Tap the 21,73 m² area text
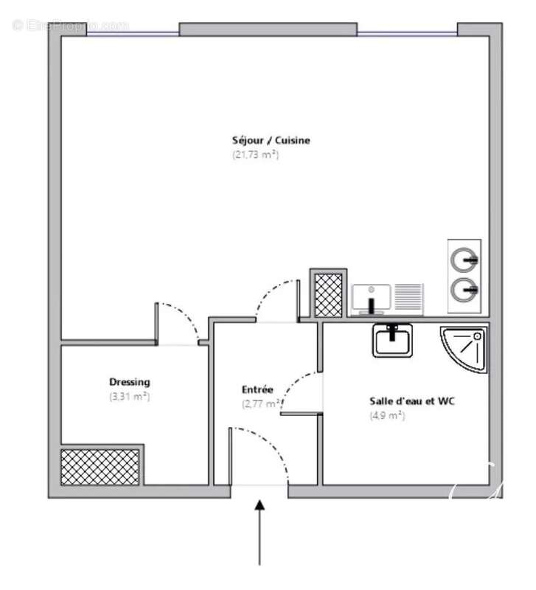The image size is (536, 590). [255, 155]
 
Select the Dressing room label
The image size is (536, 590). [130, 382]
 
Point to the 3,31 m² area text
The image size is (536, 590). [129, 396]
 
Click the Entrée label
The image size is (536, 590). [257, 389]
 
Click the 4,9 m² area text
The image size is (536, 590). [387, 415]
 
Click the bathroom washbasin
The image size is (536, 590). [393, 341]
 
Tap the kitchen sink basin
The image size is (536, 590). [371, 299]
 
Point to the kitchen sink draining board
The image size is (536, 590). [407, 297]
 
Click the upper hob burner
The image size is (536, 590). [464, 260]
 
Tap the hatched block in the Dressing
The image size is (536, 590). [100, 467]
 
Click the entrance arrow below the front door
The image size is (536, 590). [260, 531]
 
